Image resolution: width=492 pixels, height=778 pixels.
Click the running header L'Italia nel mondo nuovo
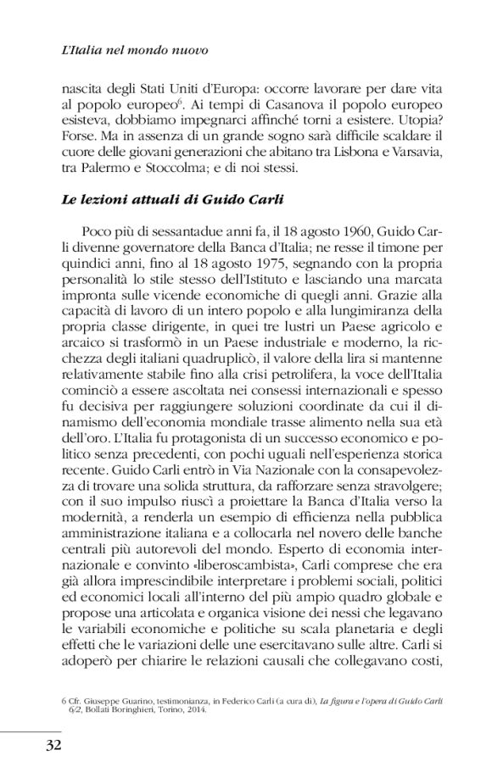point(135,51)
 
